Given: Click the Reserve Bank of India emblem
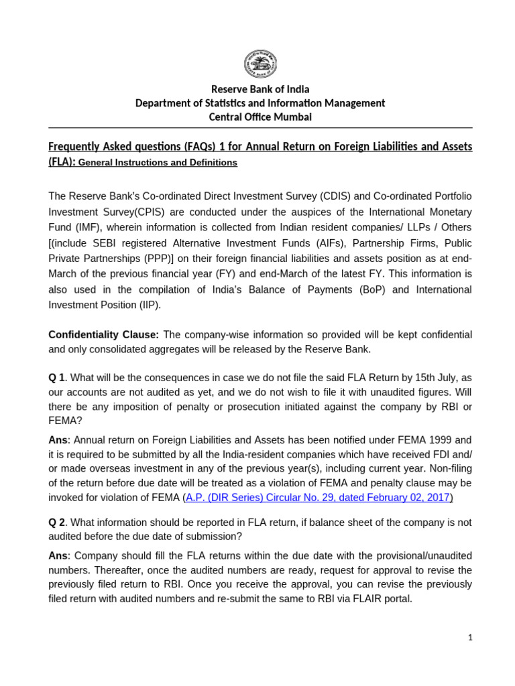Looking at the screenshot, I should (260, 64).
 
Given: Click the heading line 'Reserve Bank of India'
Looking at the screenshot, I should (260, 89).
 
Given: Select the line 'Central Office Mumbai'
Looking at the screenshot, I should (260, 117).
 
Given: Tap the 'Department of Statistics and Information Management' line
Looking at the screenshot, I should (260, 103).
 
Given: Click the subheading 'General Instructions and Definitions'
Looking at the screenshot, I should (158, 163).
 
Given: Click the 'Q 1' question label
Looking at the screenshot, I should (57, 378).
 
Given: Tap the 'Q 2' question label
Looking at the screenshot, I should (57, 522).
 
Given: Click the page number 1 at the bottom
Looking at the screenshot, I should (470, 638).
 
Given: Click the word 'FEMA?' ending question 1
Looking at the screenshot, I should (64, 421).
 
